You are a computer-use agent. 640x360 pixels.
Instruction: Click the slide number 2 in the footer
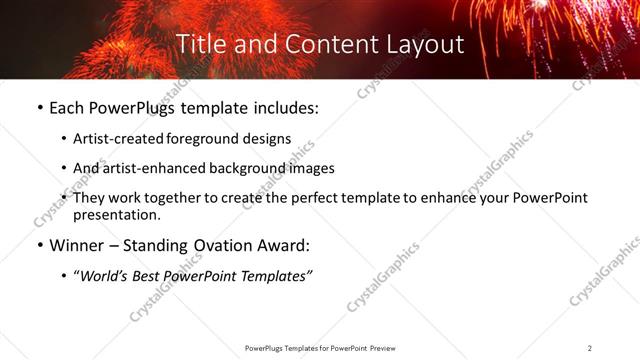(x=589, y=348)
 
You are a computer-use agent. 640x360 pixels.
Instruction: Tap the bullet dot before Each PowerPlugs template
(x=39, y=108)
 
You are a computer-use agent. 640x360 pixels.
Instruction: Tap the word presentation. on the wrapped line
(x=117, y=215)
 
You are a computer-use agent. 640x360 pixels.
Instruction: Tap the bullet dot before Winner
(x=39, y=245)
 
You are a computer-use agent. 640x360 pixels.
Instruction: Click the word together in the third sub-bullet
(x=176, y=198)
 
